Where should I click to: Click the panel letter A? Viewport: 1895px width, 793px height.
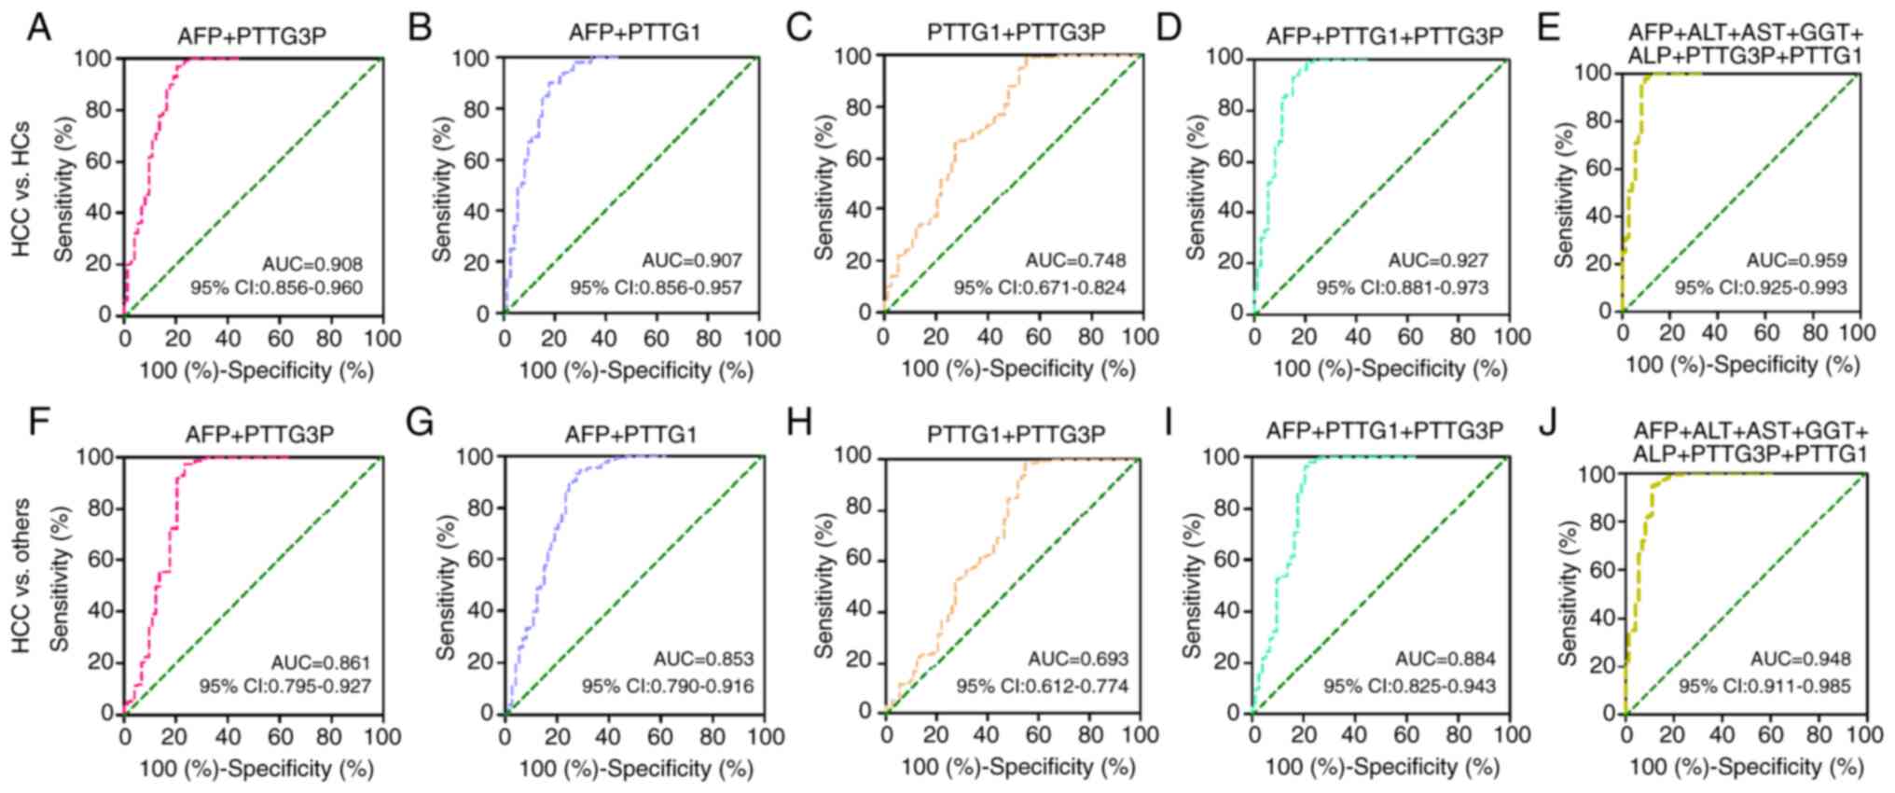tap(39, 28)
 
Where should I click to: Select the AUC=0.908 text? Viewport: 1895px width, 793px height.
tap(313, 264)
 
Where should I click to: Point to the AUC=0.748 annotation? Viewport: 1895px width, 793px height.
tap(1076, 260)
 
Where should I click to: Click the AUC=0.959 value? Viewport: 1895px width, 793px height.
tap(1796, 260)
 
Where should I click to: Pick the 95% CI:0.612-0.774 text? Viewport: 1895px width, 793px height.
tap(1042, 687)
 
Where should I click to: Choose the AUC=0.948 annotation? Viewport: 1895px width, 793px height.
tap(1800, 660)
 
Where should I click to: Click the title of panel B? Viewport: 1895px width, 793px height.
tap(634, 33)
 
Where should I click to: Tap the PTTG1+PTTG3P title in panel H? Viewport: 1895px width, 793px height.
tap(1016, 434)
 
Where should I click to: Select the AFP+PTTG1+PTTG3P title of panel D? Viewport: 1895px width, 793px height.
tap(1385, 36)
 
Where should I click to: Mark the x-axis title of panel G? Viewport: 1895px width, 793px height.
tap(636, 769)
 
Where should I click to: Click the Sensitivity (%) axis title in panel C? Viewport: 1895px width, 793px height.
tap(824, 187)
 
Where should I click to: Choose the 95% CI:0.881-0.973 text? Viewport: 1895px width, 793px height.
tap(1402, 287)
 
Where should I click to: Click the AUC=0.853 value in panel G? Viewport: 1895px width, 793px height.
tap(703, 660)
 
